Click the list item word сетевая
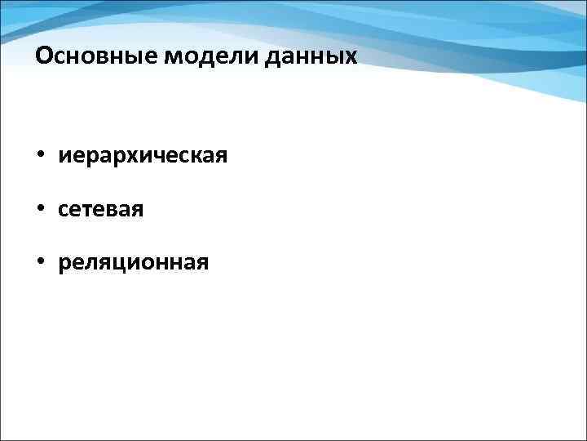tap(101, 210)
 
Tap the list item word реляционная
tap(133, 263)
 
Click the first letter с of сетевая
tap(64, 210)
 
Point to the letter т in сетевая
tap(89, 210)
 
